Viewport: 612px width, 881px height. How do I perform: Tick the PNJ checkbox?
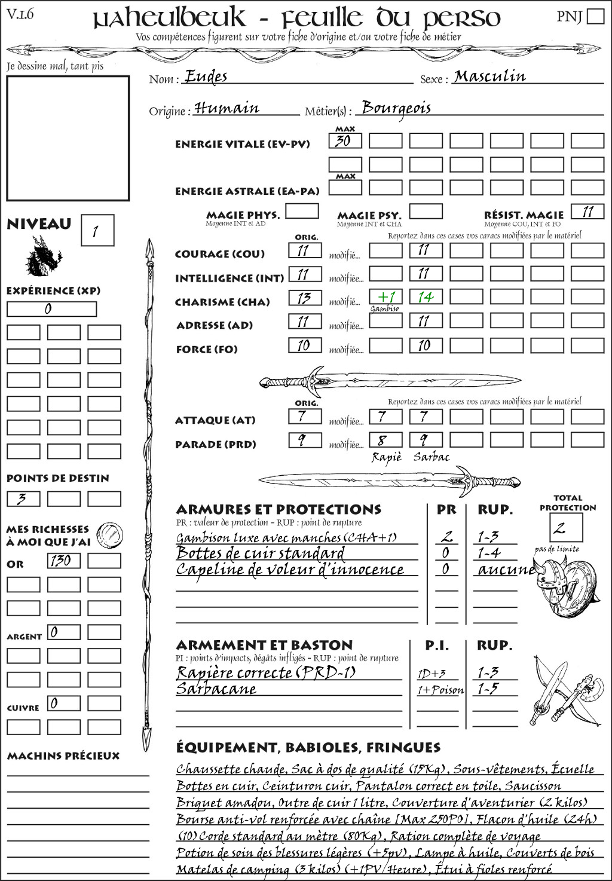tap(595, 16)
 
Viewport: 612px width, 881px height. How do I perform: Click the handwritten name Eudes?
tap(206, 77)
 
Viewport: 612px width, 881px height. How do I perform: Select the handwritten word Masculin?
tap(489, 77)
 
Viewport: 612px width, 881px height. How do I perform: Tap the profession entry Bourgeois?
tap(396, 108)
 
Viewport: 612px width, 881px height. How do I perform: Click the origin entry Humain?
tap(227, 108)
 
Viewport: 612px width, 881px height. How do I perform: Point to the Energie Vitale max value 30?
tap(345, 141)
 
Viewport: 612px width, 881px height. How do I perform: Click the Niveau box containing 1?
tap(97, 231)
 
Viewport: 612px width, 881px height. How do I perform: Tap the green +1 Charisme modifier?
tap(385, 296)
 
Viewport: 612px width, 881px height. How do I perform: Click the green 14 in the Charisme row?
tap(426, 296)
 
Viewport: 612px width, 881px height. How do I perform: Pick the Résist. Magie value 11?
tap(587, 212)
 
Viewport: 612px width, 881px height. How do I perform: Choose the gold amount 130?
tap(63, 561)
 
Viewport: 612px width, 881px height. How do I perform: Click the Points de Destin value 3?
tap(23, 498)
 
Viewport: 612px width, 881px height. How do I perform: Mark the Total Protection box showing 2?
tap(565, 528)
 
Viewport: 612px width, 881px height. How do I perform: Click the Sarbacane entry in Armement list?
tap(216, 689)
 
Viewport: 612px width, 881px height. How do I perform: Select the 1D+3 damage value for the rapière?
tap(432, 674)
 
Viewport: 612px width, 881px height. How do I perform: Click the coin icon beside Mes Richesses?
tap(111, 533)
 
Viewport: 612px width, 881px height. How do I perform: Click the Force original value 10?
tap(304, 345)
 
